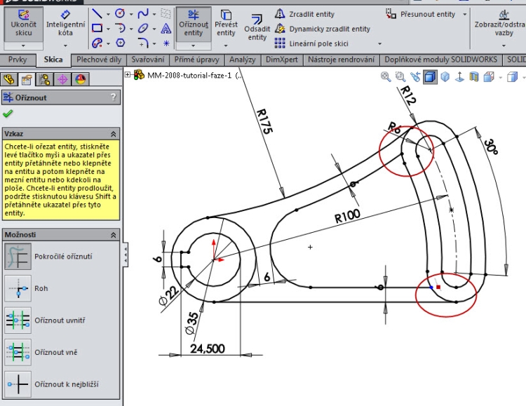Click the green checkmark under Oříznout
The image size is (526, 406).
click(8, 114)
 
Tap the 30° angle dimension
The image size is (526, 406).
click(490, 147)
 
